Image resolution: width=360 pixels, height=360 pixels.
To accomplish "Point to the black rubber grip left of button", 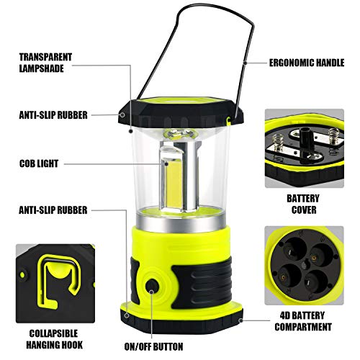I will tap(138, 277).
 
